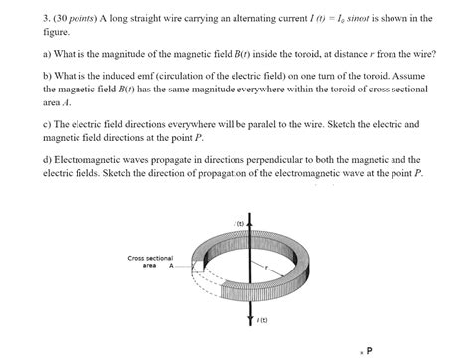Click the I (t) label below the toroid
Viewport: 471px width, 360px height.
(x=262, y=319)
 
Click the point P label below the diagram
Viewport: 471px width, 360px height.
(x=370, y=350)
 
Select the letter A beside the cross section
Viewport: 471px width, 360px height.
(x=170, y=266)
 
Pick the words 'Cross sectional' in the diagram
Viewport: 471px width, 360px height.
(x=150, y=258)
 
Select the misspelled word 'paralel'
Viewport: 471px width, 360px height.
(x=245, y=124)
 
